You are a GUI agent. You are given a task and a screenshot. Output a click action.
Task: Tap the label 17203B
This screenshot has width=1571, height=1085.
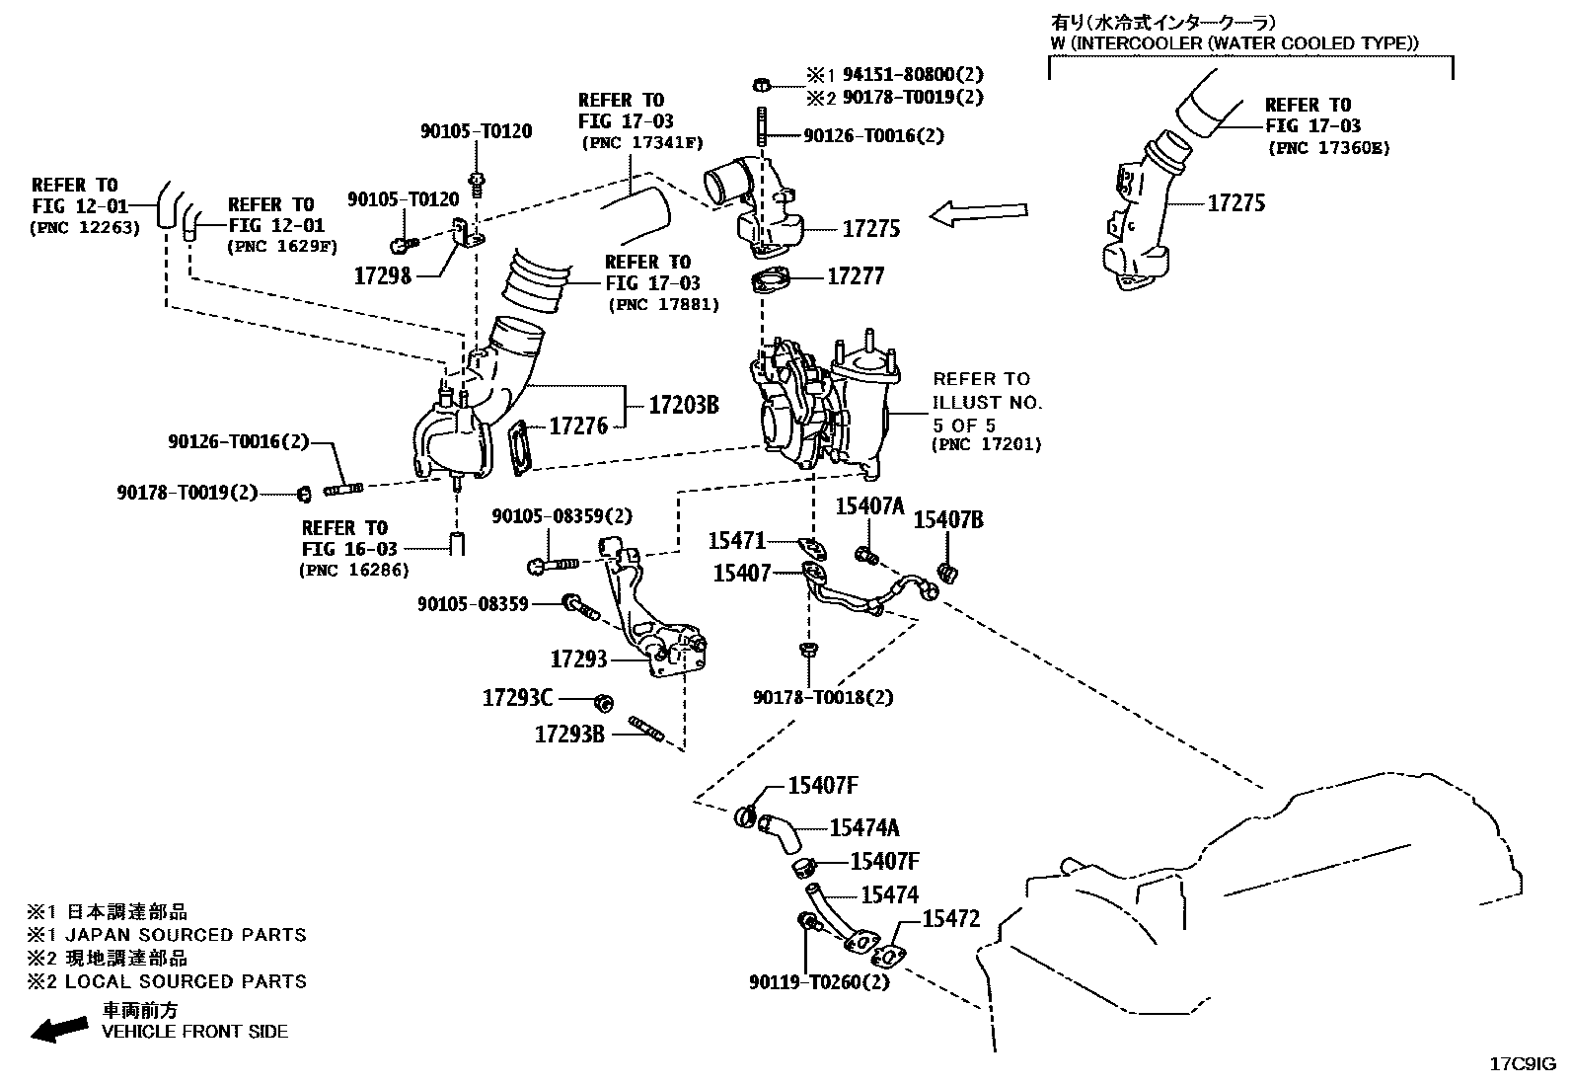(683, 404)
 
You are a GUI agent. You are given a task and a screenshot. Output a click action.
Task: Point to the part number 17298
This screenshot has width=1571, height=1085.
(382, 275)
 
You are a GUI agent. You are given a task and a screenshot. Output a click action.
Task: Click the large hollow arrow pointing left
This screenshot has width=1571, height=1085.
(979, 214)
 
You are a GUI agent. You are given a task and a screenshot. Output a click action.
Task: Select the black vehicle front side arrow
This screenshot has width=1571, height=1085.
(58, 1030)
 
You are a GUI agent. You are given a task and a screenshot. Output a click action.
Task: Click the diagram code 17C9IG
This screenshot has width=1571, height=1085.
(1522, 1064)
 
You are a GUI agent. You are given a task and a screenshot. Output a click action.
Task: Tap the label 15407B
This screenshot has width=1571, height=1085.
(947, 520)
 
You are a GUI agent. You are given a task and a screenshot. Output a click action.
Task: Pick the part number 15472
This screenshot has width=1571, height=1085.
(950, 919)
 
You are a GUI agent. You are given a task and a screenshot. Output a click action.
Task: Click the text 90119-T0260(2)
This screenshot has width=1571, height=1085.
(818, 982)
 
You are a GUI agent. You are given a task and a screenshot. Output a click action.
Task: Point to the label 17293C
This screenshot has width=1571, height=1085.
(517, 698)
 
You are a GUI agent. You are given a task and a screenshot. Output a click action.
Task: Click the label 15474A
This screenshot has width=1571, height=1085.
(863, 828)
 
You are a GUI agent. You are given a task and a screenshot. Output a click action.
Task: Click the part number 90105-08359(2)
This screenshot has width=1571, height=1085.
(561, 515)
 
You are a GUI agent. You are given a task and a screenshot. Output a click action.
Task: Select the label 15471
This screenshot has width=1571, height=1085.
(736, 541)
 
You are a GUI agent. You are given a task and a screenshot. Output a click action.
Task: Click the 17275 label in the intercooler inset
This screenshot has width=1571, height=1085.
(1235, 202)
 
